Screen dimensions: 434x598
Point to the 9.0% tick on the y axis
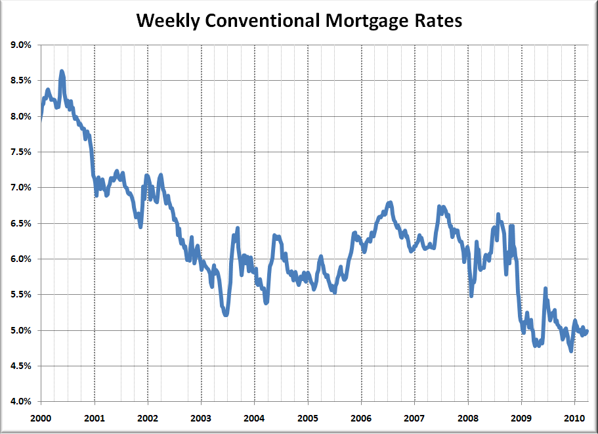coord(21,45)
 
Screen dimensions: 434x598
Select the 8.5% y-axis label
coord(21,81)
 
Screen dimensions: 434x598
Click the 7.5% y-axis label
coord(21,152)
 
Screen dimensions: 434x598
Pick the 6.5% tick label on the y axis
coord(21,223)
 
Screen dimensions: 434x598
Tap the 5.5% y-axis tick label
coord(21,295)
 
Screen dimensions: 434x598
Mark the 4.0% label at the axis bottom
coord(21,401)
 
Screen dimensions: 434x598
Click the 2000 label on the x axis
coord(41,418)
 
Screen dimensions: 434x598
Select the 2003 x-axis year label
coord(201,418)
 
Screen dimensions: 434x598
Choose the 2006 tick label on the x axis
coord(361,418)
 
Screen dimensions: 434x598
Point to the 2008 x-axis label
coord(468,418)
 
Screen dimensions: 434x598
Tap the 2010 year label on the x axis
coord(574,418)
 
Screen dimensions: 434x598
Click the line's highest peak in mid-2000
coord(62,71)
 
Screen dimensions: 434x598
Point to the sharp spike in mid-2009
coord(545,289)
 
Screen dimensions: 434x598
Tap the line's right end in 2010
coord(587,331)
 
